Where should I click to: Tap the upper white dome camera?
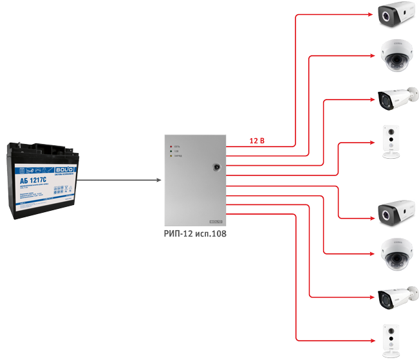393,56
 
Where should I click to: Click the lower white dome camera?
393,254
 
